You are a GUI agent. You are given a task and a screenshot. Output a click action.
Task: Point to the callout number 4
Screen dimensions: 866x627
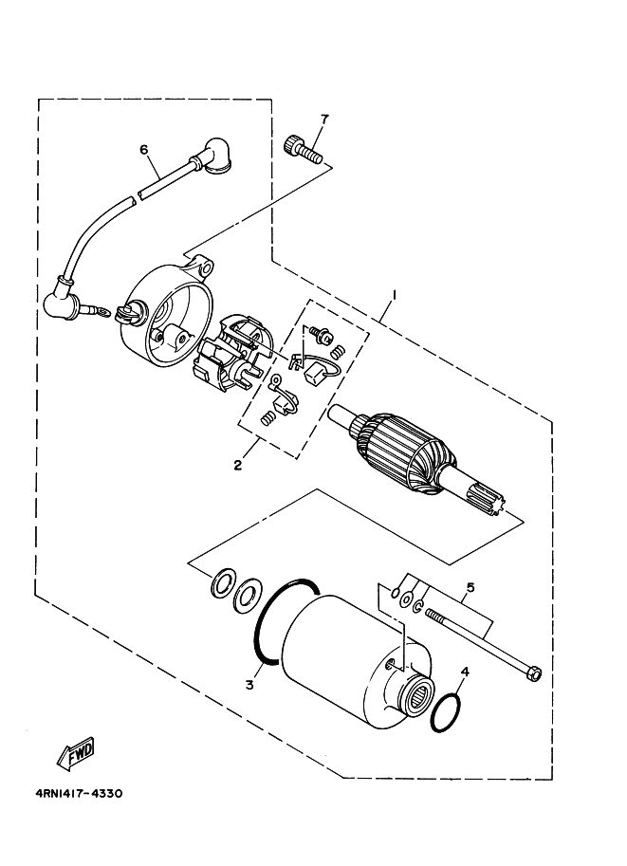pyautogui.click(x=464, y=673)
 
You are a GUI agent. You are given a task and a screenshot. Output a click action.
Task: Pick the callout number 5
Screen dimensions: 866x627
pyautogui.click(x=470, y=587)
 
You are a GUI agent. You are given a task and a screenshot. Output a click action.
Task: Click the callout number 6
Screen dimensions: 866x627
pyautogui.click(x=144, y=150)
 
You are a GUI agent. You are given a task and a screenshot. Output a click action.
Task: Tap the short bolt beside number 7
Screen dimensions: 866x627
pyautogui.click(x=301, y=148)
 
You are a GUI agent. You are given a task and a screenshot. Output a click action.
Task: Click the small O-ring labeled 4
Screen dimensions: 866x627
pyautogui.click(x=447, y=713)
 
